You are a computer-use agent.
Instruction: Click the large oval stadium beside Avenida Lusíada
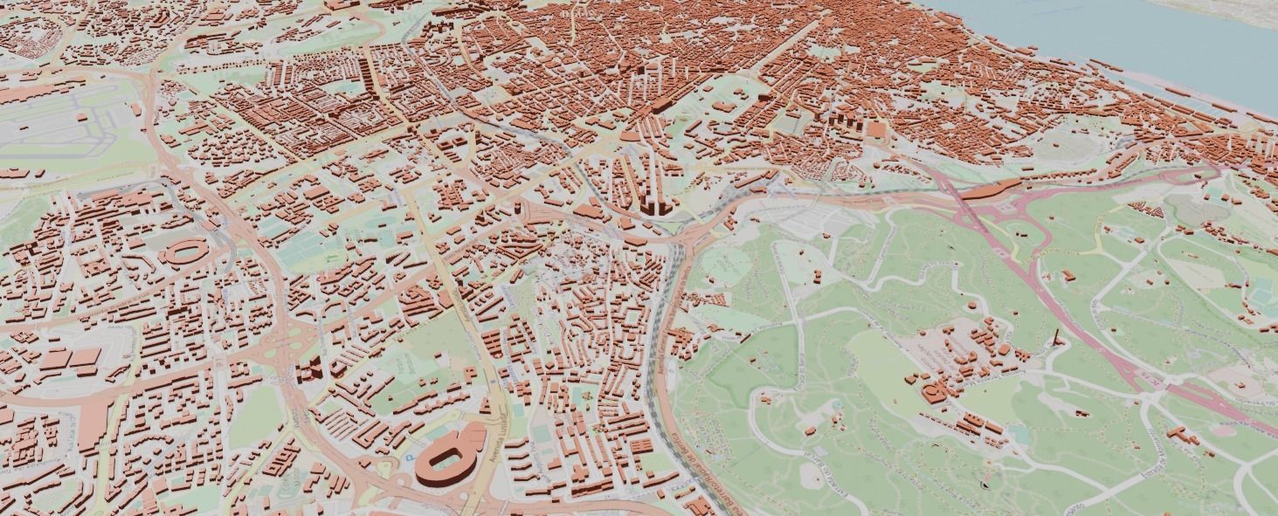(451, 454)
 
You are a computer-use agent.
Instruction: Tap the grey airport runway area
(52, 122)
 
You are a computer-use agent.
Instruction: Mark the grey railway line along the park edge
(673, 288)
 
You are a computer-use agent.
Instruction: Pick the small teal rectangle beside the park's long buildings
(1018, 433)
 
